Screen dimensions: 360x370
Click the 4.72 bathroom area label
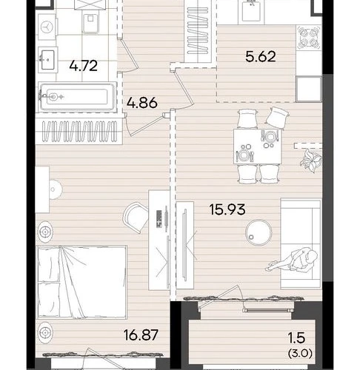(84, 66)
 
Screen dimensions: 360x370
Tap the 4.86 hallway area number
(142, 102)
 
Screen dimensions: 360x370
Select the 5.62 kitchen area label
(261, 56)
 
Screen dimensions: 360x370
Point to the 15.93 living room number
(227, 209)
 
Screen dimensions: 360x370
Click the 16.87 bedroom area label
(141, 335)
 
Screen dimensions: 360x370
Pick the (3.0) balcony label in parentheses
(300, 354)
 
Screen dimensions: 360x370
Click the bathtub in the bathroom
(77, 97)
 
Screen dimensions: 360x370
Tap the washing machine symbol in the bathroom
(47, 27)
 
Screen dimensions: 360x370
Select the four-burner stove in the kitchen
(309, 37)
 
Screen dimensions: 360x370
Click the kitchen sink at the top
(251, 12)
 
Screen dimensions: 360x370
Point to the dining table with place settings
(257, 147)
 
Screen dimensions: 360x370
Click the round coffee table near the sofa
(259, 232)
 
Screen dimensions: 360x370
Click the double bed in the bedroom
(82, 282)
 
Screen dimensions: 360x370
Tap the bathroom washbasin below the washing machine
(47, 60)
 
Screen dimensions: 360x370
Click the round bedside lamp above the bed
(45, 232)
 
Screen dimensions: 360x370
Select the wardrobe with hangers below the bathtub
(79, 131)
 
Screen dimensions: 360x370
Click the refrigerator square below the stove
(309, 89)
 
